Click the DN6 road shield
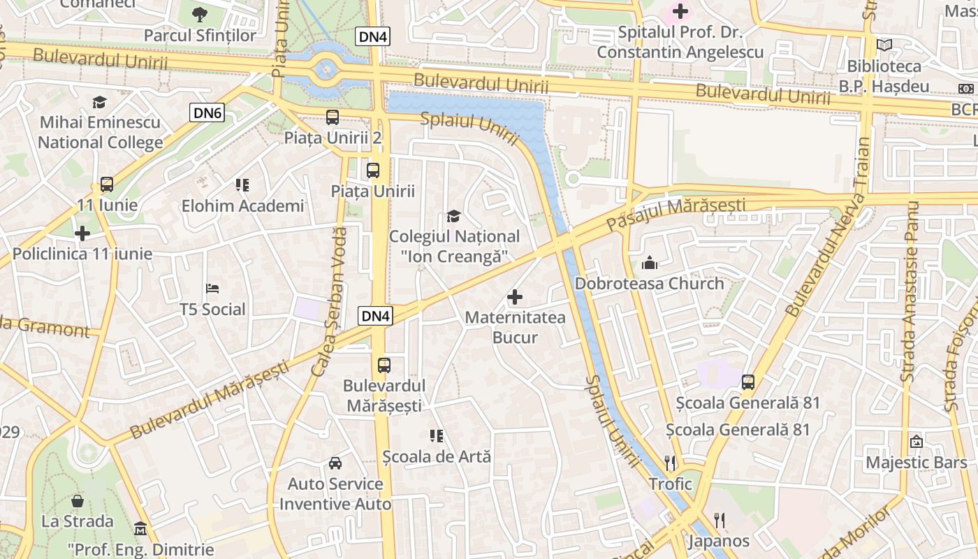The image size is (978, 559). click(207, 112)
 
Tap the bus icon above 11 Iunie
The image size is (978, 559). click(107, 184)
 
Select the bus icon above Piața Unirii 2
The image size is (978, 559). click(333, 117)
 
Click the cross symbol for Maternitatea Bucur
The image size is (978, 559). click(515, 297)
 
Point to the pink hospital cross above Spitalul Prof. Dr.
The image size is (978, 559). click(680, 11)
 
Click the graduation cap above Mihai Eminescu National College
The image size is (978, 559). click(99, 102)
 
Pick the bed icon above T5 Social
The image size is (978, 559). click(212, 289)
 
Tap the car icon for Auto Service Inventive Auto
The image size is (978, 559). click(335, 463)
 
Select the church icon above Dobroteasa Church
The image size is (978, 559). click(650, 263)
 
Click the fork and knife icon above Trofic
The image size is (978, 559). click(670, 463)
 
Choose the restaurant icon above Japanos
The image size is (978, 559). click(720, 520)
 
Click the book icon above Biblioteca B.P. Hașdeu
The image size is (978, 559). click(884, 45)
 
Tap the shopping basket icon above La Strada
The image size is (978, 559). click(78, 500)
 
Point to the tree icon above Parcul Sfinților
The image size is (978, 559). click(200, 14)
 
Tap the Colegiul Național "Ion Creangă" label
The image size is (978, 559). click(454, 247)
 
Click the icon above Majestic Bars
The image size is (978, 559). click(916, 442)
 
